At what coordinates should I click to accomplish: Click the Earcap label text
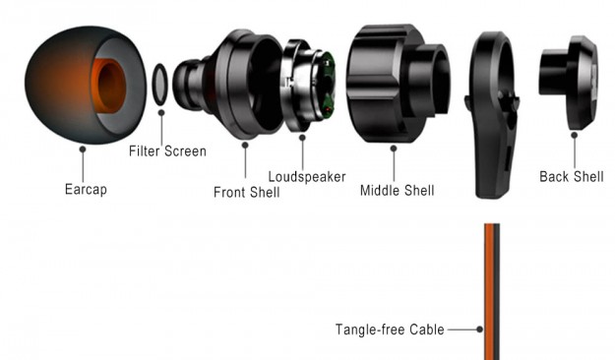[x=86, y=190]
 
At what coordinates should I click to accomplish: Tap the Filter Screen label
[x=167, y=150]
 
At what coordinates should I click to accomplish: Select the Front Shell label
[x=246, y=192]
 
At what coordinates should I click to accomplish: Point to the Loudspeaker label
[x=307, y=177]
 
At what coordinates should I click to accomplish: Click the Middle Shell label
[x=397, y=191]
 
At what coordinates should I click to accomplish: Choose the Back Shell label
[x=572, y=176]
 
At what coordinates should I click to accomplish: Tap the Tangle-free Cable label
[x=390, y=330]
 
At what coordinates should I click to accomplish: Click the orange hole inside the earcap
[x=110, y=86]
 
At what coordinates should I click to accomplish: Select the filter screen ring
[x=153, y=85]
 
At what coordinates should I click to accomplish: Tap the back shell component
[x=569, y=83]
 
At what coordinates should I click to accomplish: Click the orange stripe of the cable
[x=489, y=292]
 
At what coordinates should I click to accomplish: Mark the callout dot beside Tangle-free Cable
[x=479, y=330]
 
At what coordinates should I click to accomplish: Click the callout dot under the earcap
[x=83, y=150]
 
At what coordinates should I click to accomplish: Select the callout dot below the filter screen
[x=161, y=113]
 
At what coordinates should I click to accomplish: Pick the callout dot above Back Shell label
[x=575, y=136]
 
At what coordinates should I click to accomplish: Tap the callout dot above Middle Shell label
[x=394, y=149]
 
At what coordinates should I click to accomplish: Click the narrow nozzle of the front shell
[x=189, y=85]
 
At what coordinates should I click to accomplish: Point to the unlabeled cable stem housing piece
[x=493, y=115]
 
